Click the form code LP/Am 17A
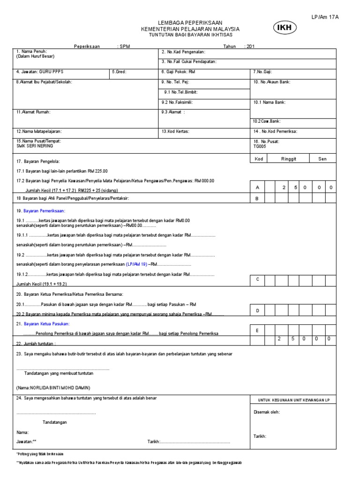[325, 17]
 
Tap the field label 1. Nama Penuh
[32, 51]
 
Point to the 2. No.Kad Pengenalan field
[183, 52]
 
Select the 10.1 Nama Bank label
[270, 102]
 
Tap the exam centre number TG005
[259, 146]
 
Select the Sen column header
[322, 159]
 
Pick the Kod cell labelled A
[257, 187]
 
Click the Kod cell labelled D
[257, 311]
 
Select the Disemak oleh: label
[267, 412]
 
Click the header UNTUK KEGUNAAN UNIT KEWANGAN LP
[294, 399]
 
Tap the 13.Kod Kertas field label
[175, 132]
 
